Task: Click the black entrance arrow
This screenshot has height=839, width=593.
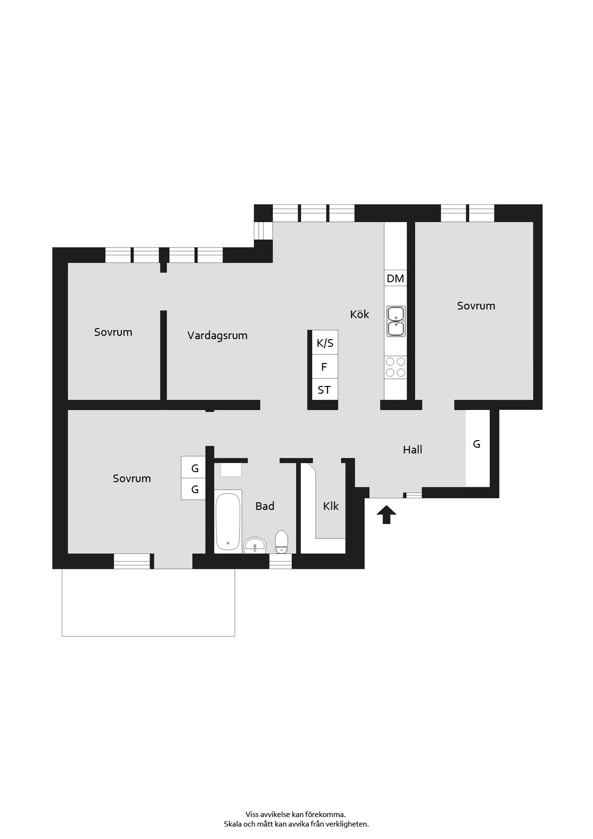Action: click(386, 515)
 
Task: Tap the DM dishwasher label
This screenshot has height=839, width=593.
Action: click(395, 278)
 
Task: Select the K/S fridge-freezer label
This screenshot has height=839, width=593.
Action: click(325, 343)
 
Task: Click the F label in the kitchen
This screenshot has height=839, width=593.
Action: click(324, 367)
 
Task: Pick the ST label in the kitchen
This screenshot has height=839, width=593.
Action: click(324, 390)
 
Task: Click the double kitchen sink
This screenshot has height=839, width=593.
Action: click(396, 321)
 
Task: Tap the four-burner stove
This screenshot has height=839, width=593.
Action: click(395, 367)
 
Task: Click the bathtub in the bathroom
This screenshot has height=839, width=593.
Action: click(228, 521)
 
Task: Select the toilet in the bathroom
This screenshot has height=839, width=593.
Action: click(282, 541)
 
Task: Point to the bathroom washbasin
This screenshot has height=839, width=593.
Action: click(255, 545)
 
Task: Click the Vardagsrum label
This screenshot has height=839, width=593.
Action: click(218, 335)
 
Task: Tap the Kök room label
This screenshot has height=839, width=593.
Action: click(360, 314)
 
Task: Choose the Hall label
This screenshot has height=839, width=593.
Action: click(413, 450)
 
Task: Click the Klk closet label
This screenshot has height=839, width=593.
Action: click(331, 506)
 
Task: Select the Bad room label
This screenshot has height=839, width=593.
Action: click(265, 506)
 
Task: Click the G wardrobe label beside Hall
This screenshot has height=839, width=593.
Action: click(477, 444)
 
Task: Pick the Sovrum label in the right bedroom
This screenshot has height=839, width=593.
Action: click(476, 306)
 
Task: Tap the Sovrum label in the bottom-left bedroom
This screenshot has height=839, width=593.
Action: click(132, 478)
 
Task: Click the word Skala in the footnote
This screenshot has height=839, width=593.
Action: click(233, 824)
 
